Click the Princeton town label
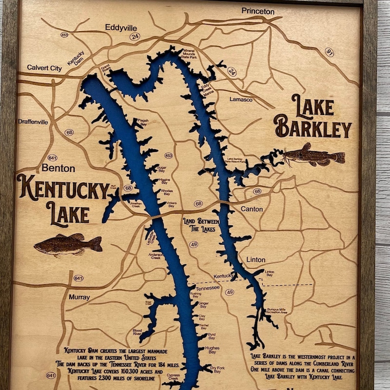258,11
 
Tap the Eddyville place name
116,28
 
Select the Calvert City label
44,68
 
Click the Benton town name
58,168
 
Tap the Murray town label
79,297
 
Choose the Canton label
252,209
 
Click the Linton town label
255,259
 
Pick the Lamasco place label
241,99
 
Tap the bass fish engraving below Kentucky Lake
68,244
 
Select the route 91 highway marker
330,52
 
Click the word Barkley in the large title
313,129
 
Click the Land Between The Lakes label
201,224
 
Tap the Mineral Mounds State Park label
190,54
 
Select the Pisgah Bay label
141,122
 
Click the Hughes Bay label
212,349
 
